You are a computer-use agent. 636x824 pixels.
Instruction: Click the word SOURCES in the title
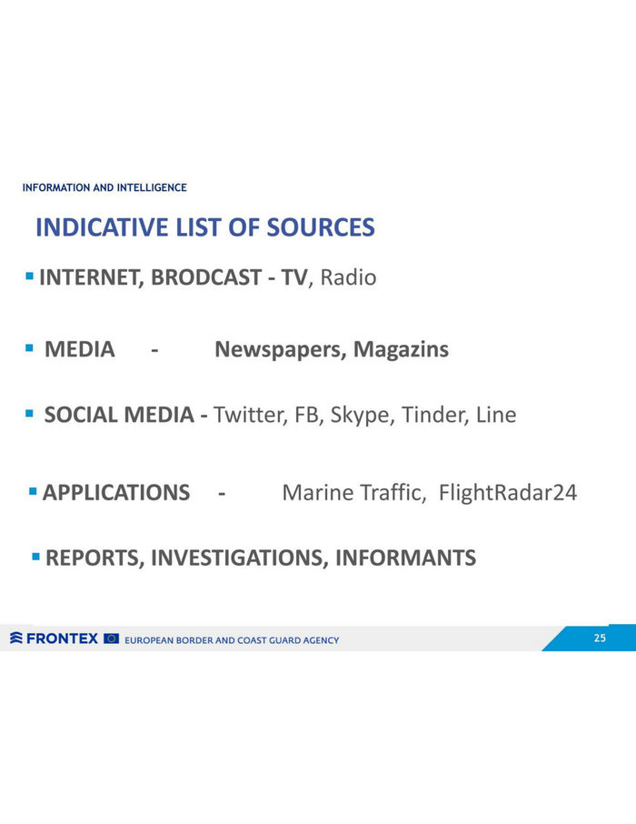321,227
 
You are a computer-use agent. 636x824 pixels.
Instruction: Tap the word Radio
348,277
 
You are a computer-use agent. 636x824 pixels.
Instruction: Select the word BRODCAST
206,277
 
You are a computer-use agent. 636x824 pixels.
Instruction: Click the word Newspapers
280,350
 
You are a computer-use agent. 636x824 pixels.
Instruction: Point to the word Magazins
402,349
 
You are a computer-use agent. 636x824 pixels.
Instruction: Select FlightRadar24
508,493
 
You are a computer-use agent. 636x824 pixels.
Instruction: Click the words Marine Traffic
354,493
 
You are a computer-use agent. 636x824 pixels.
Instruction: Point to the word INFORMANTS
405,558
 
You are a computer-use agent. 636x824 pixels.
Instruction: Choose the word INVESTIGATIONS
240,558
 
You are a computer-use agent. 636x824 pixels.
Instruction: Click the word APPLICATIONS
116,493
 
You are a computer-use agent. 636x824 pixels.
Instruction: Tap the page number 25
600,638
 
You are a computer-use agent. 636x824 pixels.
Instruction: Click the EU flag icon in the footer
112,638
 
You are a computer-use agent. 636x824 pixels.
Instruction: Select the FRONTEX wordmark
62,638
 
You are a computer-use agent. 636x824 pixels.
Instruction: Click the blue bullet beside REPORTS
35,556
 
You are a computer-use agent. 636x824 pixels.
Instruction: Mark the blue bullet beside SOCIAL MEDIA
29,414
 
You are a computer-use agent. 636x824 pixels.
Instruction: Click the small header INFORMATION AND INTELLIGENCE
104,187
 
